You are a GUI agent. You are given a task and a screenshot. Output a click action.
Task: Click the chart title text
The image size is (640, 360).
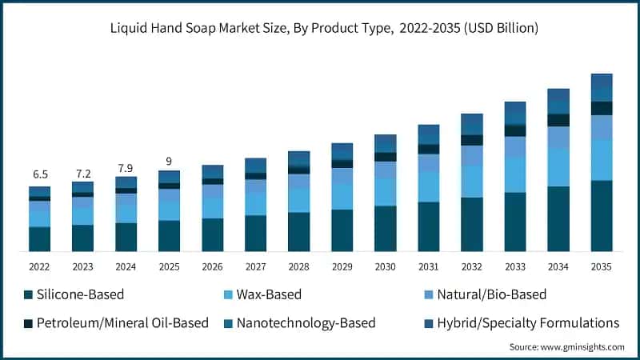(x=320, y=28)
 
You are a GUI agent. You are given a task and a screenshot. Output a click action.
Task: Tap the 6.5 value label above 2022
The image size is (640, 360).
(x=40, y=174)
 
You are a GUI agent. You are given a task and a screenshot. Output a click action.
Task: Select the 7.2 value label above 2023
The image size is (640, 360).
(x=82, y=173)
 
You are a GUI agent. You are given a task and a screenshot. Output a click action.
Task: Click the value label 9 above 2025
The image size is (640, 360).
(x=169, y=161)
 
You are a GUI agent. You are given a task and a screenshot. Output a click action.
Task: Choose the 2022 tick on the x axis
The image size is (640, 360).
(x=40, y=267)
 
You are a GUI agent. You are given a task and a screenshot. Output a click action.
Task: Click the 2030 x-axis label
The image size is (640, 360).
(x=386, y=267)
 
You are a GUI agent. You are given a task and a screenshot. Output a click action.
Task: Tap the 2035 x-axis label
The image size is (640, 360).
(x=602, y=267)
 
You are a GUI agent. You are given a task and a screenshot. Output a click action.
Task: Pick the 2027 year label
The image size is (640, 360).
(x=256, y=267)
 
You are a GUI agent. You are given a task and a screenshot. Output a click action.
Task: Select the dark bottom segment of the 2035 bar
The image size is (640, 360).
(x=602, y=216)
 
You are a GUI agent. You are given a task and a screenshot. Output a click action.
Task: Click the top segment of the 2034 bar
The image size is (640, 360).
(x=558, y=96)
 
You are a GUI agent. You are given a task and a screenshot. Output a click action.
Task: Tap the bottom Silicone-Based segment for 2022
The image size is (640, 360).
(x=40, y=239)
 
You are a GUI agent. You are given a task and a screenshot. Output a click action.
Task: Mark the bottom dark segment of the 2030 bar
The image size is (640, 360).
(x=386, y=229)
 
